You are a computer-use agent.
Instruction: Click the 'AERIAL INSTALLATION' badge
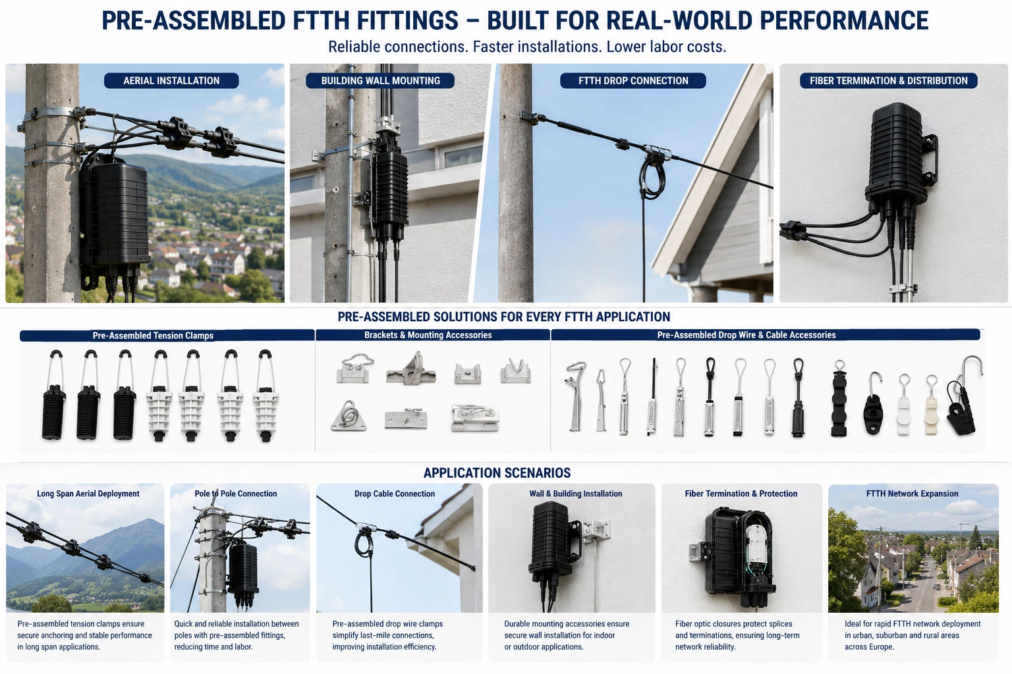171,81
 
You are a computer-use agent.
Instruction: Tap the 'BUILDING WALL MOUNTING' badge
380,81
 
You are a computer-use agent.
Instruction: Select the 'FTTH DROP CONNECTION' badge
633,81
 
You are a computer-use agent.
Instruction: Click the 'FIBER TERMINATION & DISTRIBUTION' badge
889,81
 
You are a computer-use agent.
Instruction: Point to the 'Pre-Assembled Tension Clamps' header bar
167,336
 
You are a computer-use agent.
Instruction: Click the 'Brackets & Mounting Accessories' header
428,335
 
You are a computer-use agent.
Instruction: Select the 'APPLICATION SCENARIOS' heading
497,473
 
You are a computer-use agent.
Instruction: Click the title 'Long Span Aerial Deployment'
88,494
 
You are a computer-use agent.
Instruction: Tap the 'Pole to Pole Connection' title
236,494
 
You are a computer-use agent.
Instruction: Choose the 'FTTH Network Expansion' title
912,494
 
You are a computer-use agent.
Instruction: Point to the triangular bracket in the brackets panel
348,416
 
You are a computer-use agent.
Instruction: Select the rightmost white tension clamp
266,396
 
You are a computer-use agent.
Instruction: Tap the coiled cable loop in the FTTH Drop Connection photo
651,176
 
